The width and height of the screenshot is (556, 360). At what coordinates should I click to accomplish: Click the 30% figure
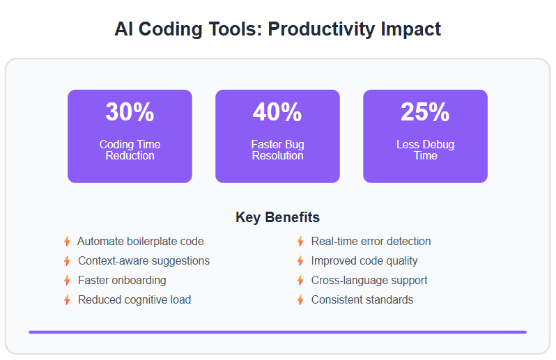130,112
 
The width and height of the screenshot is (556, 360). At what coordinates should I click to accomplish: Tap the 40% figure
277,112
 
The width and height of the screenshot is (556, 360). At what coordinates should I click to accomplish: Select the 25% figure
425,112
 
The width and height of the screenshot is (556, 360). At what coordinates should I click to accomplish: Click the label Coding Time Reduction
130,150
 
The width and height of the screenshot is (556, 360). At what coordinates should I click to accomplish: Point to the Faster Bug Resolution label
277,150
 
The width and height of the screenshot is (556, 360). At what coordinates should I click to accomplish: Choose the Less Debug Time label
425,150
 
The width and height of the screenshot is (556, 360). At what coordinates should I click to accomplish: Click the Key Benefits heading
277,217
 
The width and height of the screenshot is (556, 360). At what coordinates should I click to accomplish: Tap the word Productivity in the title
321,29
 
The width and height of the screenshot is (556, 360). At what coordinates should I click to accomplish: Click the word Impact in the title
410,29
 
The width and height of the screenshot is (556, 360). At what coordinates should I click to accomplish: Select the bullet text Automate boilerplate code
141,242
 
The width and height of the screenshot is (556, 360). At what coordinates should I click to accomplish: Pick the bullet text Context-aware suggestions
144,261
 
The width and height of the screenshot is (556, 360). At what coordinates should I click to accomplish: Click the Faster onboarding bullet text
122,281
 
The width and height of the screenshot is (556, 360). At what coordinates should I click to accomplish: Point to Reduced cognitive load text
134,299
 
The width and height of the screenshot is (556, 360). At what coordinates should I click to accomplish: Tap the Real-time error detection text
371,242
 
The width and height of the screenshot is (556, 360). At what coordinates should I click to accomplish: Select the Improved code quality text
364,261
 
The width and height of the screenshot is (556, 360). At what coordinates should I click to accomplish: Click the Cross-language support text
369,281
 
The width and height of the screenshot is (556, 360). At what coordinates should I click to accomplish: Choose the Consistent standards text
362,299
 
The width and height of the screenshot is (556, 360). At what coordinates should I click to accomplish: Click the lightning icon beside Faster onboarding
67,281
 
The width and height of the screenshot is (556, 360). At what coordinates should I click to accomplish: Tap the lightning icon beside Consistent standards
300,299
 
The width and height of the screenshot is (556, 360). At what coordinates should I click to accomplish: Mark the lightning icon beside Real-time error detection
300,242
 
